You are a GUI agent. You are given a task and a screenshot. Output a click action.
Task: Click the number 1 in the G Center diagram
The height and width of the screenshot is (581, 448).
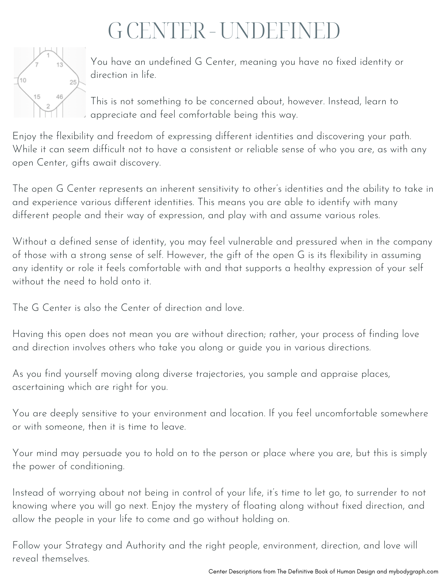48,55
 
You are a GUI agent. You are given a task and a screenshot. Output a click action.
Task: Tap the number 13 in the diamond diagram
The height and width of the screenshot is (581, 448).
60,64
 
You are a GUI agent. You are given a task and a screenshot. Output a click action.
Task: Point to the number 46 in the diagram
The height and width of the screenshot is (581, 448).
59,97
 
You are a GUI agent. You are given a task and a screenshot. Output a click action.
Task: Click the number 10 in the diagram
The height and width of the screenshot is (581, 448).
23,80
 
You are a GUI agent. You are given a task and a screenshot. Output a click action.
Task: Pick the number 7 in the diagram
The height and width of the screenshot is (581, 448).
37,64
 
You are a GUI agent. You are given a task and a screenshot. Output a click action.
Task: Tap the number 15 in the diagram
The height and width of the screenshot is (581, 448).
37,97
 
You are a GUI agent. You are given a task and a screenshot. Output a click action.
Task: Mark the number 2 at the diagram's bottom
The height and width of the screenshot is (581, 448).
48,106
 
